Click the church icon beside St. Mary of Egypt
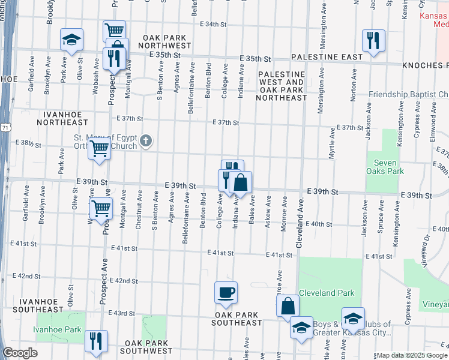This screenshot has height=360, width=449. click(x=146, y=142)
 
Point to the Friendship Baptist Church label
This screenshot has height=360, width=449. click(x=408, y=95)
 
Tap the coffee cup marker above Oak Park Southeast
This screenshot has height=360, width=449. click(x=226, y=293)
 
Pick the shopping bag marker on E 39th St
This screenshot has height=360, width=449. click(x=240, y=182)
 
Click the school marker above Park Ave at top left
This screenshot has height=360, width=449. click(x=71, y=41)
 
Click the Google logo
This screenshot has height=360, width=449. click(x=20, y=353)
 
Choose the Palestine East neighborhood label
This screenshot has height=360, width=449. click(x=327, y=57)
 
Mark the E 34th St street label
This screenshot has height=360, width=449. click(x=213, y=25)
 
